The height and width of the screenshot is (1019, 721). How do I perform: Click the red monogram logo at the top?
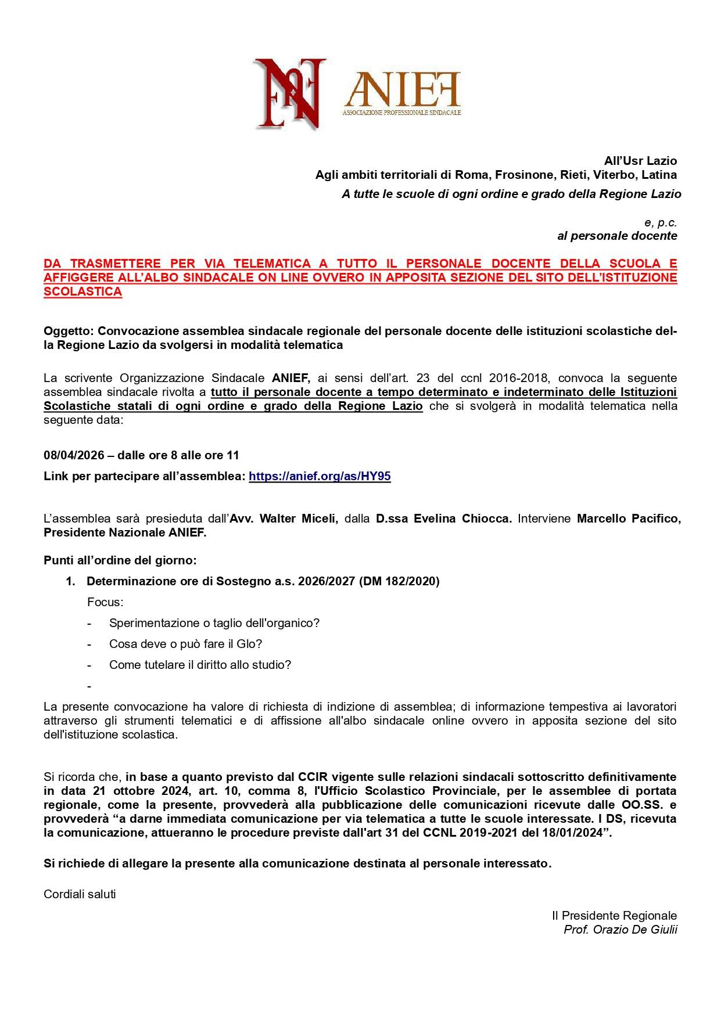pyautogui.click(x=289, y=93)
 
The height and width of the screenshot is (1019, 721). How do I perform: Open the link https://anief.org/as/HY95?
pyautogui.click(x=320, y=477)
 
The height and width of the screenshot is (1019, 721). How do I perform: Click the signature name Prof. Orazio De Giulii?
pyautogui.click(x=620, y=930)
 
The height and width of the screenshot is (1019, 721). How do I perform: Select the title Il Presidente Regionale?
pyautogui.click(x=614, y=916)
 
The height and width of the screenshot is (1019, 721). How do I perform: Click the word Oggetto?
pyautogui.click(x=68, y=331)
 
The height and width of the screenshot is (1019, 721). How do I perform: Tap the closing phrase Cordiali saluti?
pyautogui.click(x=80, y=894)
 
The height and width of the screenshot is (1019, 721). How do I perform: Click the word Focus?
pyautogui.click(x=105, y=602)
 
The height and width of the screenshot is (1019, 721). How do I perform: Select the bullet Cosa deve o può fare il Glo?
pyautogui.click(x=186, y=644)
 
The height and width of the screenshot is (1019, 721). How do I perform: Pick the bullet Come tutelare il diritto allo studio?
pyautogui.click(x=200, y=665)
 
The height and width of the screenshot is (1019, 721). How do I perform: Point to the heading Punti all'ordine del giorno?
pyautogui.click(x=120, y=560)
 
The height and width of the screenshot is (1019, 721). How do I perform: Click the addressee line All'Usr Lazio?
pyautogui.click(x=640, y=161)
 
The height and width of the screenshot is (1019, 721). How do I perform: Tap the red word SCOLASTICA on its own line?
pyautogui.click(x=82, y=291)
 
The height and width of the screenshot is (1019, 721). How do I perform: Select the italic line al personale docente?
pyautogui.click(x=617, y=236)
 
